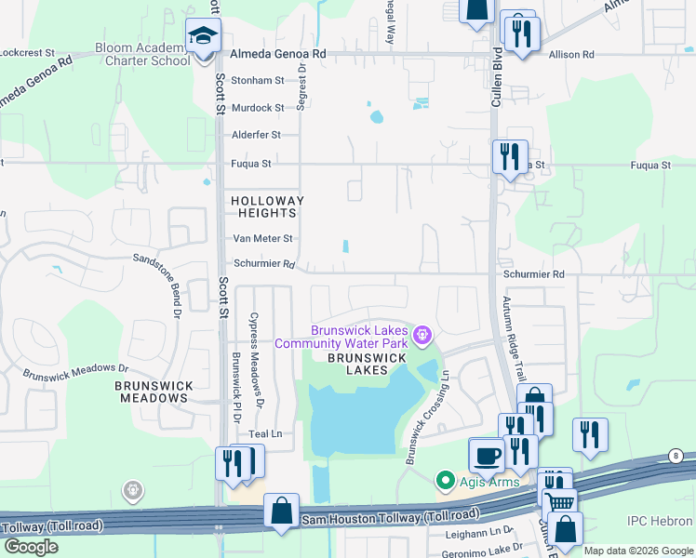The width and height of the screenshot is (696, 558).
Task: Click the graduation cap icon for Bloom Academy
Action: point(201,35)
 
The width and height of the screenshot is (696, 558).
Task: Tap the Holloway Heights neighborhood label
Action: point(267,206)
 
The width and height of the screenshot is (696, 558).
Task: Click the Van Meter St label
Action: point(262,239)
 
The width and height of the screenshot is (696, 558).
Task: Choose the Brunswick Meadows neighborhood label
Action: point(153,392)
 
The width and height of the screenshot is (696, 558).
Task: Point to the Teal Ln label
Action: point(263,434)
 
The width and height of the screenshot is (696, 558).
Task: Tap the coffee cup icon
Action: point(488,456)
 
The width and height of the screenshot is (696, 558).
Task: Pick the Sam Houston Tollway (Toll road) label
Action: point(391,515)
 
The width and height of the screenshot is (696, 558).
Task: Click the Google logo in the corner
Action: point(32,548)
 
